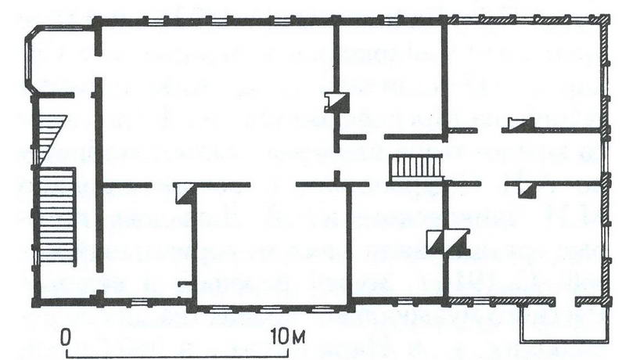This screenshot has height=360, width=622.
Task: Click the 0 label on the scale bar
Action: tap(66, 338)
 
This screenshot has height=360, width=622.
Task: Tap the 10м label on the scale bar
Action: tap(289, 337)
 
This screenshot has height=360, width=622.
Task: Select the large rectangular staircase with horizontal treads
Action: tap(58, 214)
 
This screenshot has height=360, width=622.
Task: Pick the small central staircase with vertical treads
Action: tap(416, 168)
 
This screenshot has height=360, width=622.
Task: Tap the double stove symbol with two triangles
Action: tap(448, 241)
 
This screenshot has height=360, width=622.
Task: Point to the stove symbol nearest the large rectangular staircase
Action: tap(185, 193)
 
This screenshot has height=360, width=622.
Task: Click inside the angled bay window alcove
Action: tap(59, 59)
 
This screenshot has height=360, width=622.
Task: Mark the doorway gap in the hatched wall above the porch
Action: tap(566, 301)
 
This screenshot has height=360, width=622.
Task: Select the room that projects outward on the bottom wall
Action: tap(271, 246)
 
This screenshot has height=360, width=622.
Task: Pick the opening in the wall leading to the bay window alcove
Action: tap(99, 67)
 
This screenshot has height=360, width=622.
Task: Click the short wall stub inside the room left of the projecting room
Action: tap(185, 283)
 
